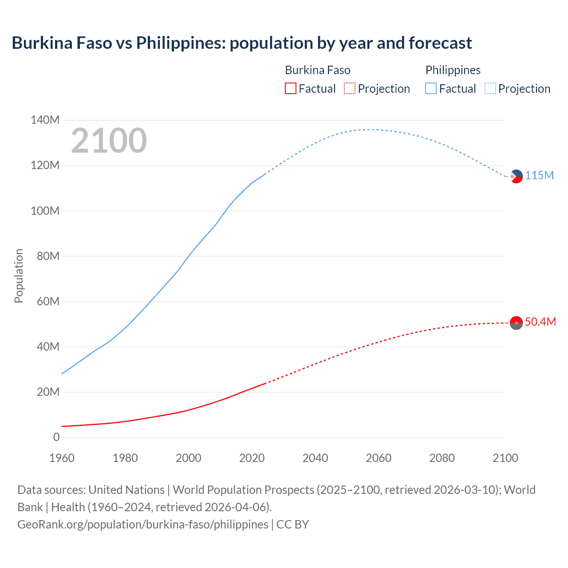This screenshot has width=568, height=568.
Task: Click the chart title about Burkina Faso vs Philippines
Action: click(242, 43)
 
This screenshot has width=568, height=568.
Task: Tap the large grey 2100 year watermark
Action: click(109, 141)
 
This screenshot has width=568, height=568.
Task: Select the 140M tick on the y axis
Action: click(45, 120)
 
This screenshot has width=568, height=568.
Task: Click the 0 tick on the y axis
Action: click(56, 437)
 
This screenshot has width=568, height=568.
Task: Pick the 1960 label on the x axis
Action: click(62, 458)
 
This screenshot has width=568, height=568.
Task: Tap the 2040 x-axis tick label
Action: click(315, 458)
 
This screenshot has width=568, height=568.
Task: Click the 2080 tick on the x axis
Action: click(442, 458)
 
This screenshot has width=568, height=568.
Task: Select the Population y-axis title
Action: click(19, 276)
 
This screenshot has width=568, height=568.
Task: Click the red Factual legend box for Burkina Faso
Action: click(290, 89)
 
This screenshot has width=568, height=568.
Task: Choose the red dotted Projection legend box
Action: click(350, 89)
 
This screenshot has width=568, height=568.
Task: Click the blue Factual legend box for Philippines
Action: click(431, 89)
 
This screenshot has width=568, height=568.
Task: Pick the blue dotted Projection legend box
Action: click(490, 89)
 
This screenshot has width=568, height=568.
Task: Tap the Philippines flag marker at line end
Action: click(516, 176)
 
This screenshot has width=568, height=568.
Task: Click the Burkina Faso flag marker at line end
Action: click(516, 323)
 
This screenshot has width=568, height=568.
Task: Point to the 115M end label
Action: click(540, 175)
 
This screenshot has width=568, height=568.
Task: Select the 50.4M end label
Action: click(540, 322)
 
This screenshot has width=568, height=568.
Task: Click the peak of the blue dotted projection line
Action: click(371, 130)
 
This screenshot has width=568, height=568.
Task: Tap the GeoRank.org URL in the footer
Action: click(143, 525)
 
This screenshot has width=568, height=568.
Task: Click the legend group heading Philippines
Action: click(453, 70)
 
